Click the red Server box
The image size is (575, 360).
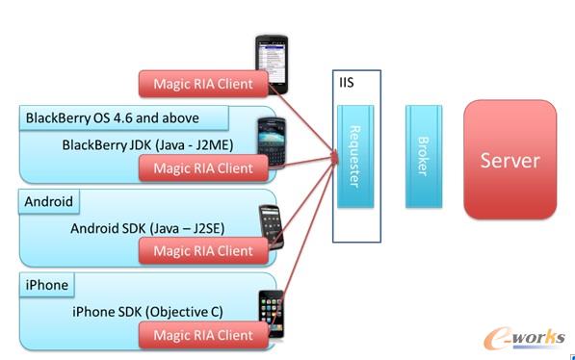click(510, 159)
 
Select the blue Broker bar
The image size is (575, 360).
click(423, 156)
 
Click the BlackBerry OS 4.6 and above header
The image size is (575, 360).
click(122, 118)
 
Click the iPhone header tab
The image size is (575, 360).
click(46, 285)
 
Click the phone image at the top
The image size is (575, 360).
click(273, 64)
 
